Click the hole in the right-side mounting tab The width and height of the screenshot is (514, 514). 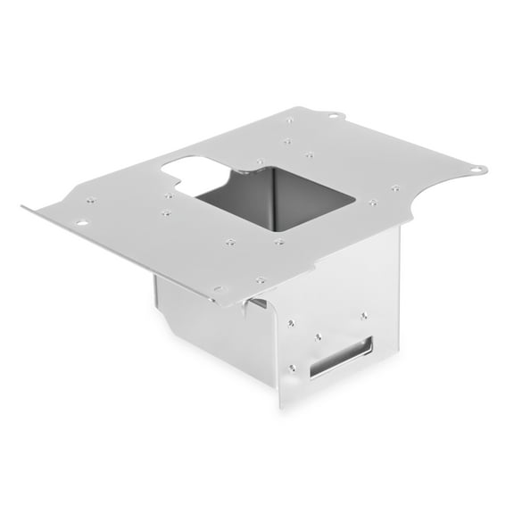[x=478, y=168]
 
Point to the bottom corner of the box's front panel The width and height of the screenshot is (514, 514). [x=284, y=406]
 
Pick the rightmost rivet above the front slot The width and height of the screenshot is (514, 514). [x=363, y=313]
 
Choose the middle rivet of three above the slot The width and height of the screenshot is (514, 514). [x=319, y=336]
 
